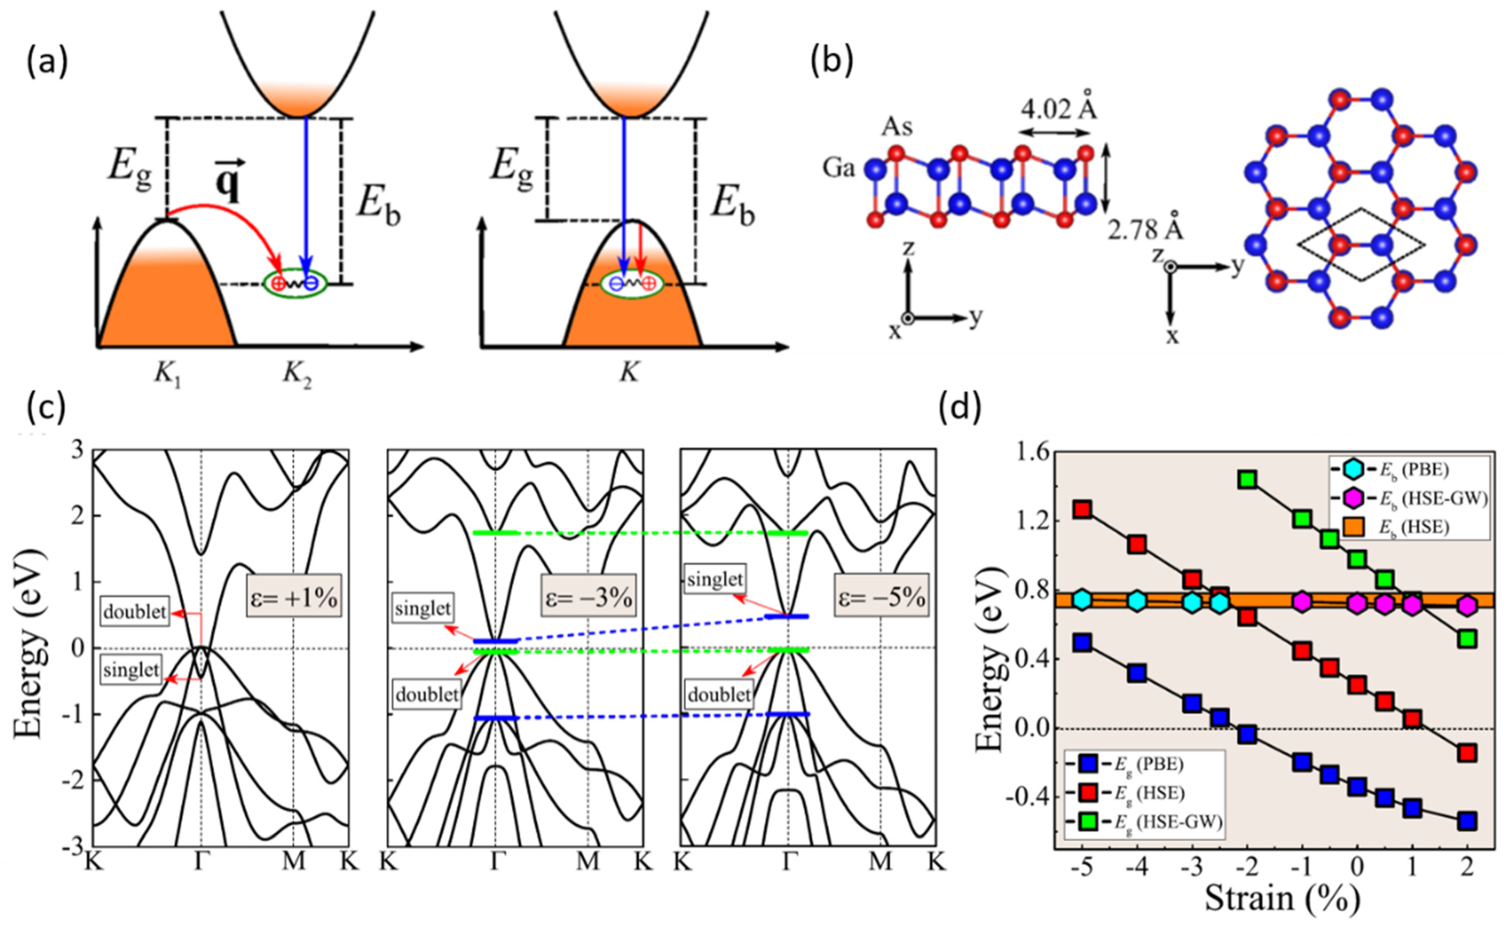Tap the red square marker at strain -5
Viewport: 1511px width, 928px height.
(1083, 509)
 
